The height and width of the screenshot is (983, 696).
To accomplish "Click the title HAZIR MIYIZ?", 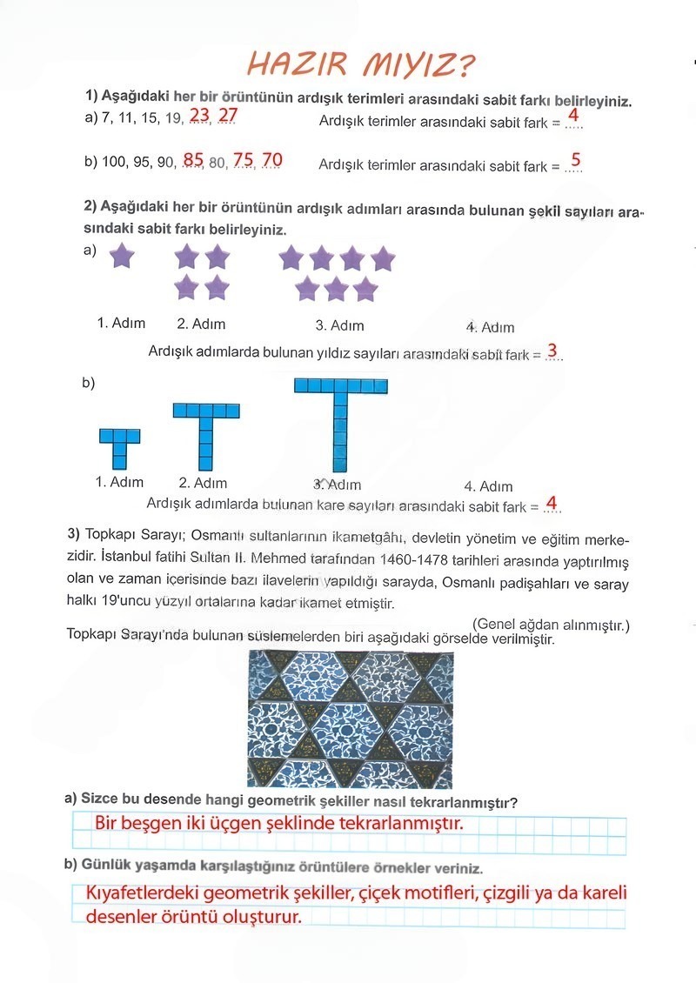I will click(361, 64).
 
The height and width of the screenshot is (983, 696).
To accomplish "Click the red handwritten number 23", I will click(199, 116).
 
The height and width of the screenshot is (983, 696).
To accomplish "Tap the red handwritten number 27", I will click(227, 116).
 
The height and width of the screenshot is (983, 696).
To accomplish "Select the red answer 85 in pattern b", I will click(193, 160).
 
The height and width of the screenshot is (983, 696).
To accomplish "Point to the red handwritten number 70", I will click(271, 160).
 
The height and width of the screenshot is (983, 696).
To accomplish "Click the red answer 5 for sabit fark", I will click(575, 161).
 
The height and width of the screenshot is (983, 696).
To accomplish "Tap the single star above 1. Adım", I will click(122, 256).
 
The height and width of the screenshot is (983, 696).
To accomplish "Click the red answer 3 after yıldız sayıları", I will click(552, 351).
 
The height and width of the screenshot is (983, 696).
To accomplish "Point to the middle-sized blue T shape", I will click(206, 435).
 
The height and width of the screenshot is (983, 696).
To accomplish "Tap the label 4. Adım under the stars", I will click(490, 327).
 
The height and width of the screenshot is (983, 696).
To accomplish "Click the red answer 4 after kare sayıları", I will click(552, 504).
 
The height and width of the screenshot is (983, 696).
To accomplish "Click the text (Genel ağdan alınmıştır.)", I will click(551, 625).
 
